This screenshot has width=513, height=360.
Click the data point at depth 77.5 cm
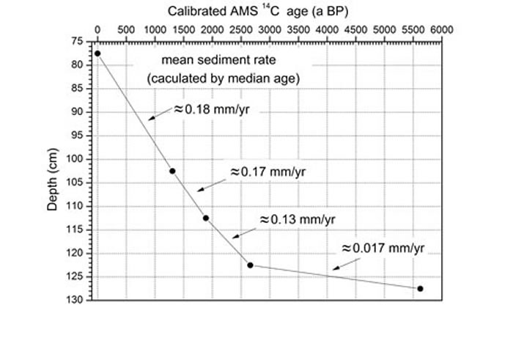[x=97, y=54]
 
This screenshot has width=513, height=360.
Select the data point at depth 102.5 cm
[x=172, y=171]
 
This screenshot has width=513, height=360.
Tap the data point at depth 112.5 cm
[x=206, y=218]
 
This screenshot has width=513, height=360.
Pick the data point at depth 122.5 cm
[x=250, y=265]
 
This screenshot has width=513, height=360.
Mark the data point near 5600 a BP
[x=420, y=288]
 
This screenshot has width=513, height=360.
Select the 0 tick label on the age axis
[x=97, y=30]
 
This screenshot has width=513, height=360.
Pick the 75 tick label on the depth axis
[x=84, y=42]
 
